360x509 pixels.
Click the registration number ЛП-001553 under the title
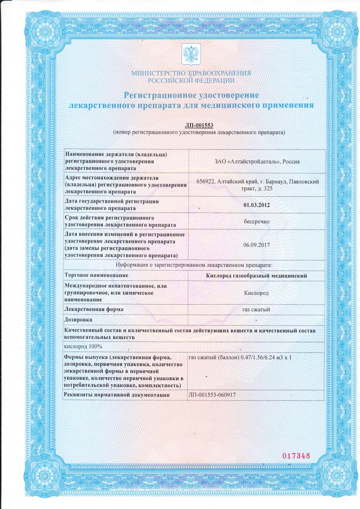coord(199,125)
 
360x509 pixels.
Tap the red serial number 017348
coord(296,456)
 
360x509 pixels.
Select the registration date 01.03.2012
coord(256,205)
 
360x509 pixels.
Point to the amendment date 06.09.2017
coord(256,245)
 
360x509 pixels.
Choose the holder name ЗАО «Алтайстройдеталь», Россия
coord(256,161)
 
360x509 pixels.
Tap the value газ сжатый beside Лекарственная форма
coord(256,310)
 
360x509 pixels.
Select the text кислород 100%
coord(80,347)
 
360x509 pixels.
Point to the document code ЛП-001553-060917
coord(211,395)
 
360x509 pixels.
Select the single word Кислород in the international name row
coord(256,293)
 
